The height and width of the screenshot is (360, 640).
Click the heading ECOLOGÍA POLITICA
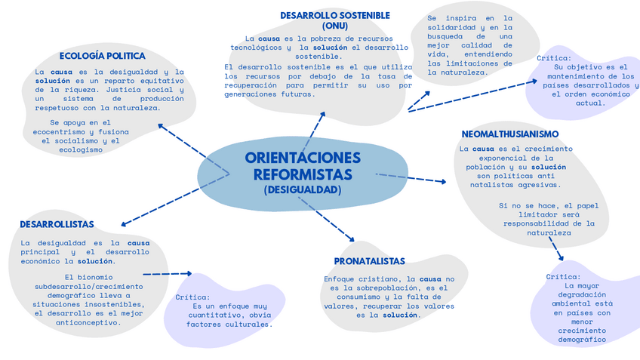click(x=102, y=56)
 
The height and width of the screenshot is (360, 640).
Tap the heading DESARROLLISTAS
click(x=57, y=224)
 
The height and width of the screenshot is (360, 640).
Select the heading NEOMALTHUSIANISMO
click(x=510, y=134)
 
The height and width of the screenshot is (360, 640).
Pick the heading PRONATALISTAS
click(x=370, y=261)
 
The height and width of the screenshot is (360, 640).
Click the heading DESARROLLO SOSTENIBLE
click(x=335, y=15)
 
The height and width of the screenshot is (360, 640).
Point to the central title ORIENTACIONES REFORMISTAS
click(x=303, y=166)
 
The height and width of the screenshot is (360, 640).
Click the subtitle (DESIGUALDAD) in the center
click(x=303, y=190)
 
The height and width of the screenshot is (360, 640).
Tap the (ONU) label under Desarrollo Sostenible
click(x=335, y=26)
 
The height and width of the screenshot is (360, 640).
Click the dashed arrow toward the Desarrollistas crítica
click(x=167, y=274)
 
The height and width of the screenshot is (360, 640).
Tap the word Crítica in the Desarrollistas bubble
click(x=192, y=297)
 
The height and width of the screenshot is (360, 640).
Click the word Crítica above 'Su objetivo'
click(x=554, y=58)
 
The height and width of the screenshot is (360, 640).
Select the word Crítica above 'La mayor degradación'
click(x=563, y=277)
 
